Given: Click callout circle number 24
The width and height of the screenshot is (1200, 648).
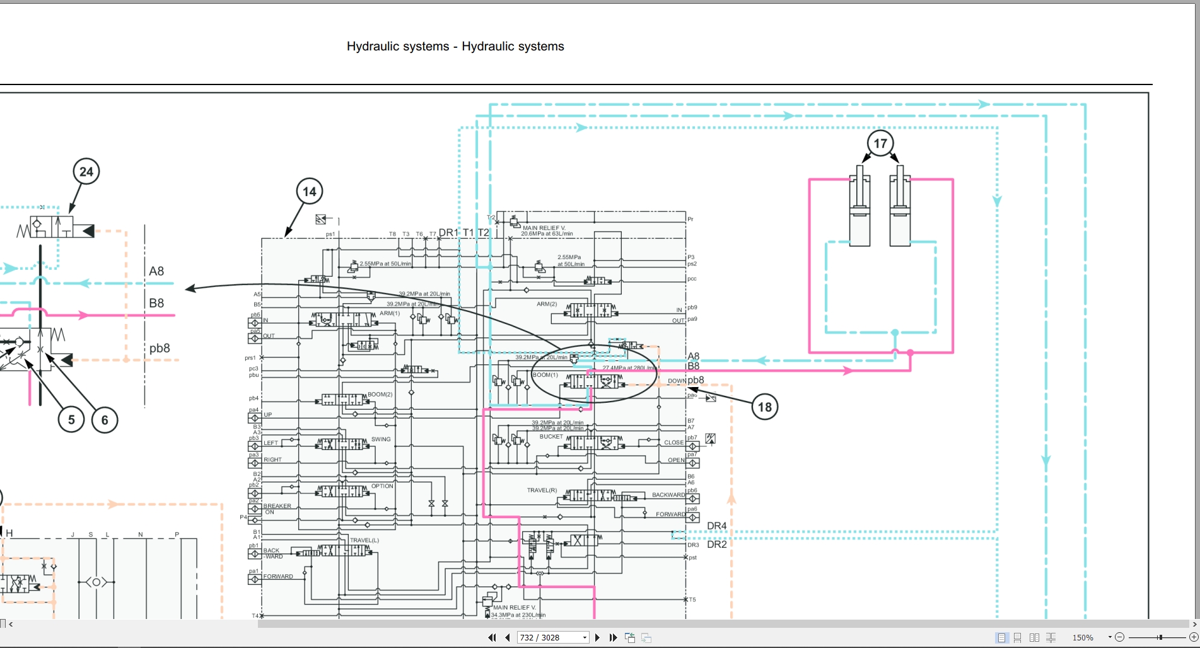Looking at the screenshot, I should tap(86, 171).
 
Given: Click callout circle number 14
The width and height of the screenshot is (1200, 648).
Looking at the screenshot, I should tap(309, 192).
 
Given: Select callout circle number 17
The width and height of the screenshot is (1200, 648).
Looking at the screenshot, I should tap(880, 143).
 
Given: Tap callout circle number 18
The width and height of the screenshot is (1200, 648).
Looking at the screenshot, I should tap(764, 407).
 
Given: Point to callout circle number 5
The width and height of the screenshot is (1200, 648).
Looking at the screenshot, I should tap(71, 420).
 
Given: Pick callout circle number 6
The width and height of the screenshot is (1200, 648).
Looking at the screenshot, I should tap(105, 420).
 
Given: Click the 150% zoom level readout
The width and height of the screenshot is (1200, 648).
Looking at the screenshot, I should tap(1083, 637).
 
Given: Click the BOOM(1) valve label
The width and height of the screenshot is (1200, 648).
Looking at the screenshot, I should tap(545, 375).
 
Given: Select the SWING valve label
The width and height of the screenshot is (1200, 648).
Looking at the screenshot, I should tap(381, 439).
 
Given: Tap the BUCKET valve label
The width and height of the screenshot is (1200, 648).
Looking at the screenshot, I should tap(551, 436).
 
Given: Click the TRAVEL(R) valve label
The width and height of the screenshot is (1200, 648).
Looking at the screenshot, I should tap(542, 490).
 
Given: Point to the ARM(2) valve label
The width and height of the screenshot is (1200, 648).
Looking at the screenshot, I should tap(547, 304).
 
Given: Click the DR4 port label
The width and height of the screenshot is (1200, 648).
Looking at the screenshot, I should tap(716, 526).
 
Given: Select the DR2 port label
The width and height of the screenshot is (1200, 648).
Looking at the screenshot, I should tap(717, 545).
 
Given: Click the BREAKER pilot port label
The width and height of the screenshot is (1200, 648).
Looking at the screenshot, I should tap(277, 506).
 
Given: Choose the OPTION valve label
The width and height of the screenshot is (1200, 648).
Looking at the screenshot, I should tap(382, 486).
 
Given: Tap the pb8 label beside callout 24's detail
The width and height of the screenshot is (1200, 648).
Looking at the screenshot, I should tap(160, 349).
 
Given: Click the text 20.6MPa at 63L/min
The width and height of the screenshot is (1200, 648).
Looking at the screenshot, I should tap(547, 234).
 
